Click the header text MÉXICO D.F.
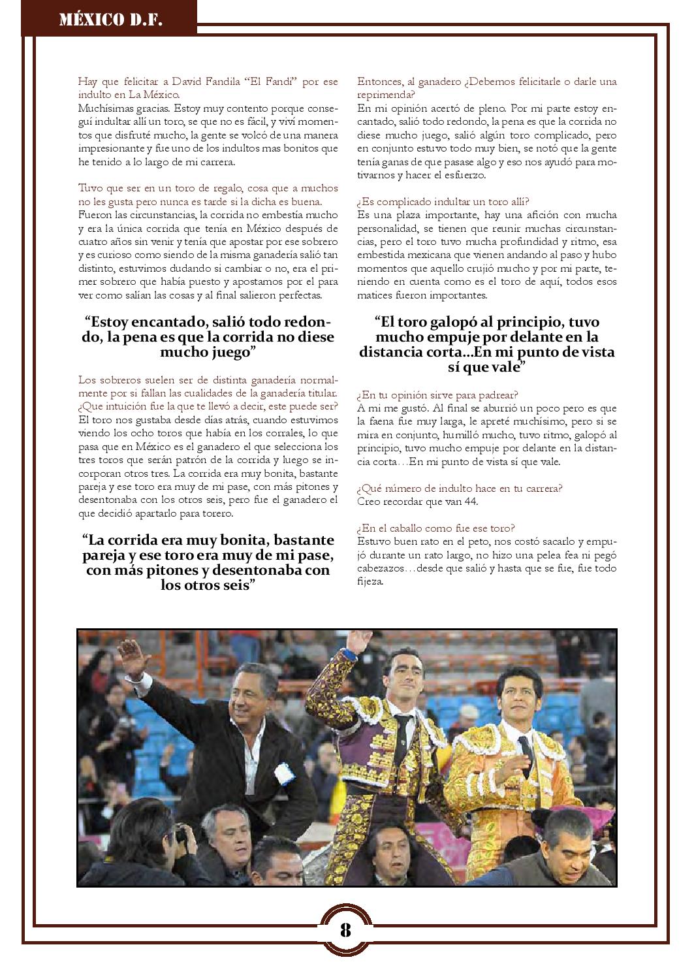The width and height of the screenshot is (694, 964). (111, 20)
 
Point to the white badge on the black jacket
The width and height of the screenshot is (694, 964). (283, 772)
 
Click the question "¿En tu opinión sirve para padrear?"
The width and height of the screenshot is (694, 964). (438, 395)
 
